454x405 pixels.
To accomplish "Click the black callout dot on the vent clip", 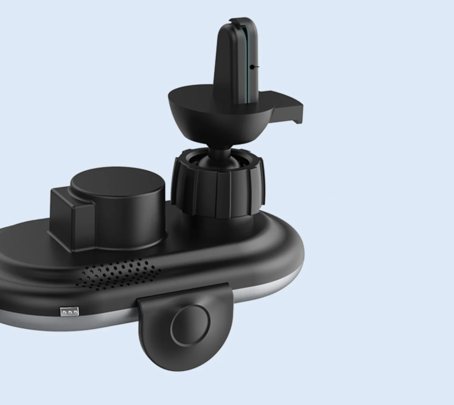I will pyautogui.click(x=252, y=67).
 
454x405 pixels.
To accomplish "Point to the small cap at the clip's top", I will pyautogui.click(x=238, y=20).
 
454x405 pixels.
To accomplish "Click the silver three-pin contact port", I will pyautogui.click(x=69, y=312).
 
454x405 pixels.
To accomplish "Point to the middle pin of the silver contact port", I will pyautogui.click(x=69, y=312).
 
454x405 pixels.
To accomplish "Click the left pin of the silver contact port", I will pyautogui.click(x=64, y=312).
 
